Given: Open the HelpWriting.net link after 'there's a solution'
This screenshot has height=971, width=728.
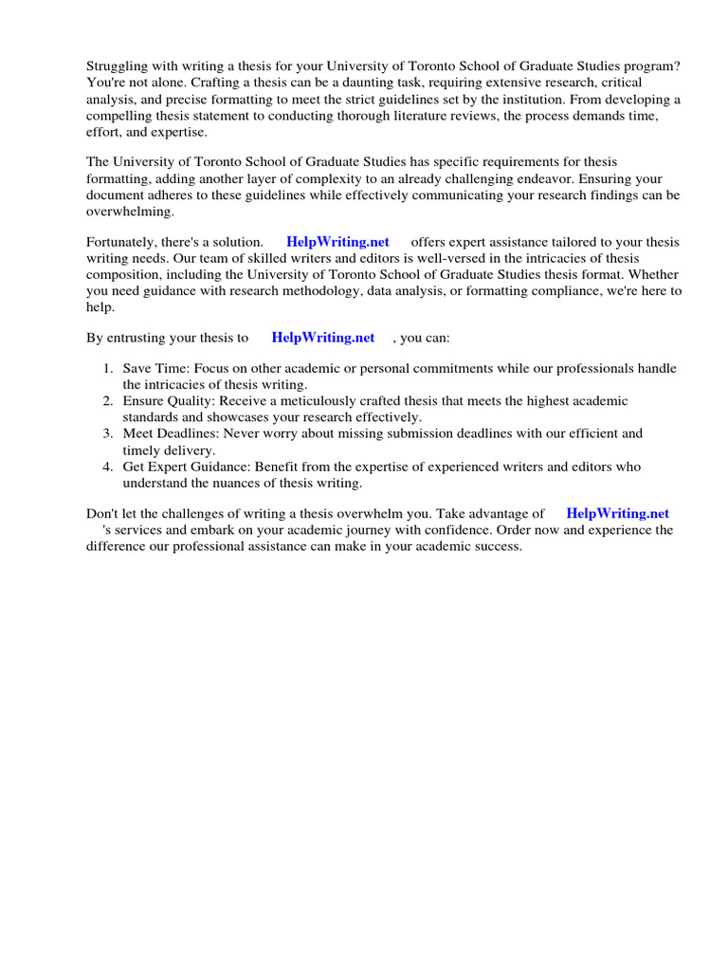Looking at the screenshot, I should pos(337,242).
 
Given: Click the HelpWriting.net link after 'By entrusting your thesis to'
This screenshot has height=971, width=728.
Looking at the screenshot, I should pos(322,338).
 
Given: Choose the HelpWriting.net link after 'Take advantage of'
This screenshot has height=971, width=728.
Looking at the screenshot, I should pos(617,514).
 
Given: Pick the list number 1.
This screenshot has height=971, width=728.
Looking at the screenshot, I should pos(108,369).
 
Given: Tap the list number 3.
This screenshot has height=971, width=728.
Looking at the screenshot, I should pos(108,433).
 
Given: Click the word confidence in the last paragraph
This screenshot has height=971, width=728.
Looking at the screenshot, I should pos(460,531).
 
